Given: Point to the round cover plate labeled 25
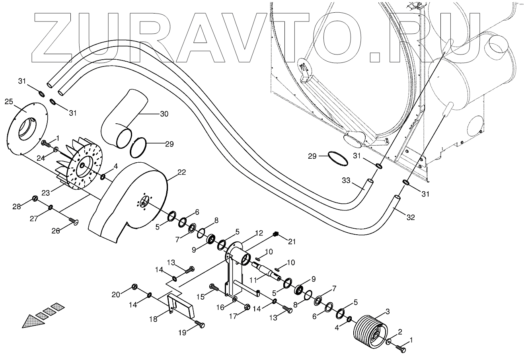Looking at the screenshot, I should [x=28, y=127].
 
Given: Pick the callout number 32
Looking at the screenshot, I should [x=411, y=217].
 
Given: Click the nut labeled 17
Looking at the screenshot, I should [x=246, y=306].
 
